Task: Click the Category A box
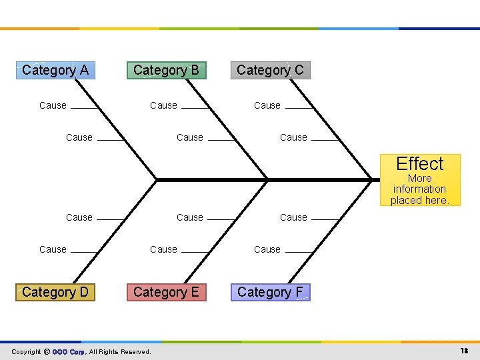(55, 70)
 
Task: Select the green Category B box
(166, 70)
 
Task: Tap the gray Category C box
(270, 70)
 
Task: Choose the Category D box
(55, 292)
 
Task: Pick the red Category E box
(166, 292)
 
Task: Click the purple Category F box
(270, 292)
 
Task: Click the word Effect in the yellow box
(419, 164)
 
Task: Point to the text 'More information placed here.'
(419, 189)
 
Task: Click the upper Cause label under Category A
(53, 105)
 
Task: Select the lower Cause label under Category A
(79, 137)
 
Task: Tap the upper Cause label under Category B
(163, 105)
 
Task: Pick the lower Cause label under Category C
(293, 137)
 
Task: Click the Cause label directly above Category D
(53, 249)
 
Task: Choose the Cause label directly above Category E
(163, 249)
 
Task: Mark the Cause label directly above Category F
(267, 249)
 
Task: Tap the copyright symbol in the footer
(47, 351)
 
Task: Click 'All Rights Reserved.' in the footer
(120, 351)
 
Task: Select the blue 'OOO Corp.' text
(69, 351)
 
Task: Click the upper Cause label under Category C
(267, 105)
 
